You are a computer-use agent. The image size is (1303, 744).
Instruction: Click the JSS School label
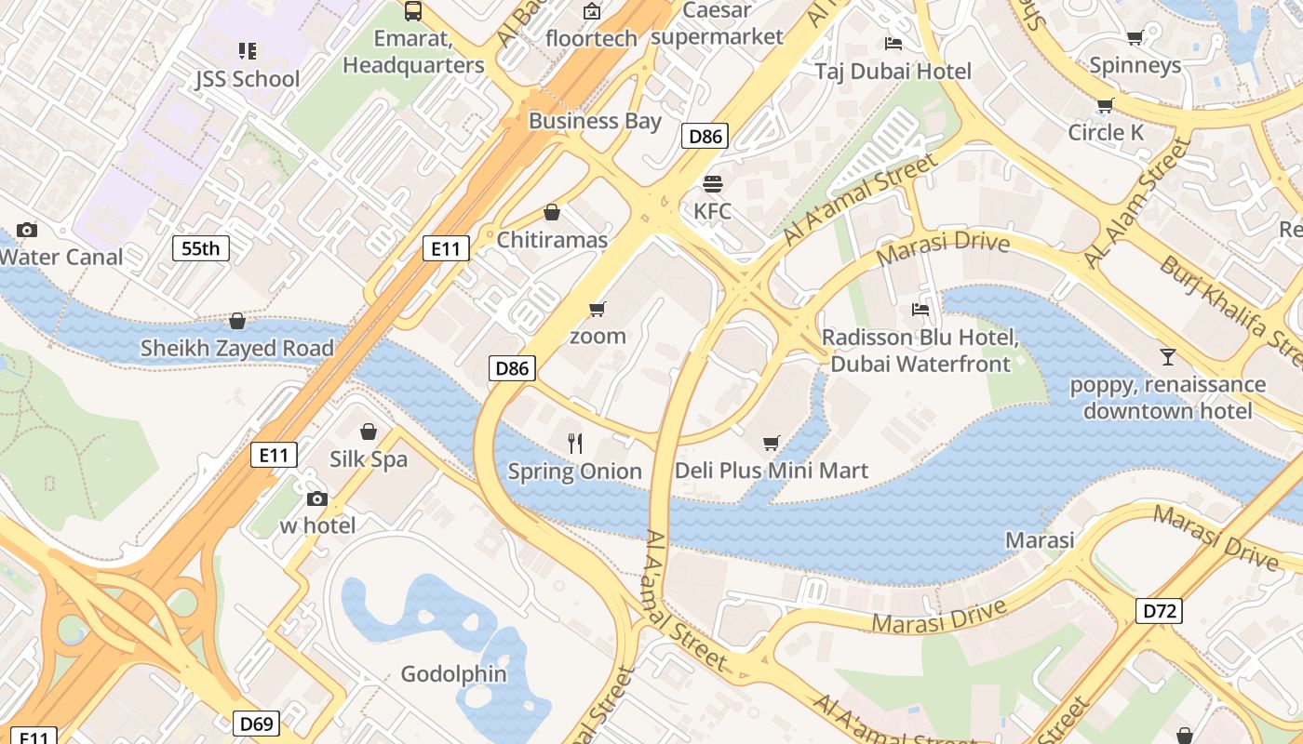248,79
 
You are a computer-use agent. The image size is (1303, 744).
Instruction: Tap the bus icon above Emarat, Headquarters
413,11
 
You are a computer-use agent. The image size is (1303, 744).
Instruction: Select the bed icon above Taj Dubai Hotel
893,44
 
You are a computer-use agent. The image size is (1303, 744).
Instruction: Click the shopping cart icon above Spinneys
1135,38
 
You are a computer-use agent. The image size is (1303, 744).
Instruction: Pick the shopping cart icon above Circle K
1105,105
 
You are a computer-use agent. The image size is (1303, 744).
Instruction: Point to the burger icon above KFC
713,184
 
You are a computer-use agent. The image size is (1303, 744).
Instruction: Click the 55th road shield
201,248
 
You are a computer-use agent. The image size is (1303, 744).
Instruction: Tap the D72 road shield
1160,611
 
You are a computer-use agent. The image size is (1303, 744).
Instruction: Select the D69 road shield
255,724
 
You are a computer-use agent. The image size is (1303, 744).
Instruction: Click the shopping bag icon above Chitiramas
552,213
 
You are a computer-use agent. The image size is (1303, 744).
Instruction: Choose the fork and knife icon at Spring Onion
575,444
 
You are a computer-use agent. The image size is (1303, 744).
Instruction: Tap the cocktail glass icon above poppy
1167,357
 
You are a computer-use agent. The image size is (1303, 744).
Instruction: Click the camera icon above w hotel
317,498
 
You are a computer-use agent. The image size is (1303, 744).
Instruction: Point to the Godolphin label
453,674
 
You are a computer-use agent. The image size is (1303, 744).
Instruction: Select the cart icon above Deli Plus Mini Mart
771,444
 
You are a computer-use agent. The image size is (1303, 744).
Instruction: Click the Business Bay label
595,121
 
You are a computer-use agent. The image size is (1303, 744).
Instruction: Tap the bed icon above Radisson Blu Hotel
920,310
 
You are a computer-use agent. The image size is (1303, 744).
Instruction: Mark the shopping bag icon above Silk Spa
369,432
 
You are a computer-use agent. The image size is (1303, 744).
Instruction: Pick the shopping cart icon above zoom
598,309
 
